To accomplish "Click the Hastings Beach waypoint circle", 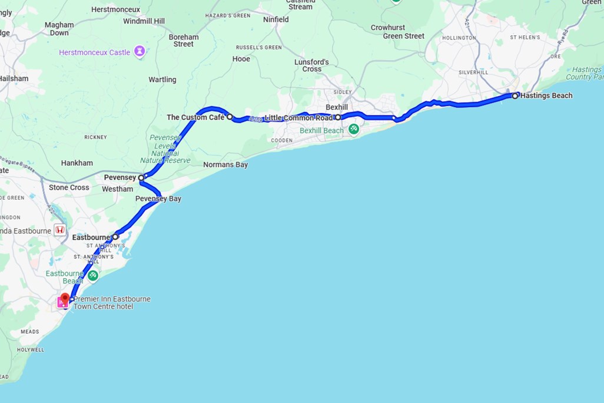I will [515, 95].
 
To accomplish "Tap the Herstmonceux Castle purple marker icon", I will [140, 52].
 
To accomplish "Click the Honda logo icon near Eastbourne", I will [59, 230].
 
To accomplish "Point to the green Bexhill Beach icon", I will [353, 129].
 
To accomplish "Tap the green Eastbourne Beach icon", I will [92, 275].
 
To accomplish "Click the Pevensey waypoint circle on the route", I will [141, 177].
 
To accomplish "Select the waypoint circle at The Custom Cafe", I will [230, 117].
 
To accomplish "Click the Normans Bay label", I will [225, 165].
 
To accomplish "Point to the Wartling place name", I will [162, 80].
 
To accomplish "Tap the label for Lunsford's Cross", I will [312, 65].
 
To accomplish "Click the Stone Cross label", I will [69, 187].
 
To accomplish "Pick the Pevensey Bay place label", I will [158, 199].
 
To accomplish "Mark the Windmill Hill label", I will [144, 21].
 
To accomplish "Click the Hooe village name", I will [241, 59].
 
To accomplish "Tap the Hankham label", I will [77, 163].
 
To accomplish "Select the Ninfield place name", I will [276, 19].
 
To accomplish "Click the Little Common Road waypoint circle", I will [338, 117].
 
